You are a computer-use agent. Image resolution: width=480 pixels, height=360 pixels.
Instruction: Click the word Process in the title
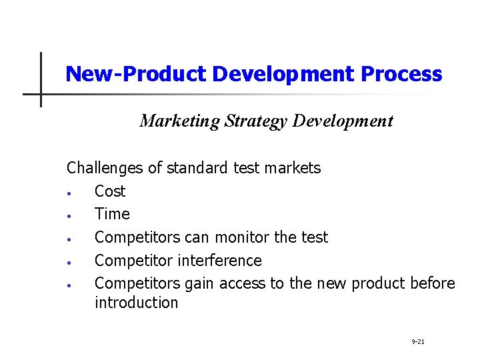pos(401,74)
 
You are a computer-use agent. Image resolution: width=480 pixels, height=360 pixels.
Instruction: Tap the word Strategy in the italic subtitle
pos(257,121)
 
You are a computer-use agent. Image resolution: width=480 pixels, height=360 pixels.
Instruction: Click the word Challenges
pos(105,168)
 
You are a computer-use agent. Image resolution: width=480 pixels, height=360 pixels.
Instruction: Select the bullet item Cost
pos(110,191)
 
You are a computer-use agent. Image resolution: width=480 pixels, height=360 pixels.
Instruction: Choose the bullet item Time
pos(112,214)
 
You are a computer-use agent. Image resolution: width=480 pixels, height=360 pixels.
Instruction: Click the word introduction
pos(136,303)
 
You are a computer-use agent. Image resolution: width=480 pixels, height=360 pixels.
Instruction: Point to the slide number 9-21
pos(419,342)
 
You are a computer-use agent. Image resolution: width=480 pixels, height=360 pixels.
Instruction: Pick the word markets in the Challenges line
pos(292,168)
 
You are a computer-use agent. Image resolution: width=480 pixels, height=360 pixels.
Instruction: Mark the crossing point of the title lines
pos(41,94)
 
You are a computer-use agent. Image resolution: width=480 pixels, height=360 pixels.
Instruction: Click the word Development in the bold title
pos(285,74)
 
